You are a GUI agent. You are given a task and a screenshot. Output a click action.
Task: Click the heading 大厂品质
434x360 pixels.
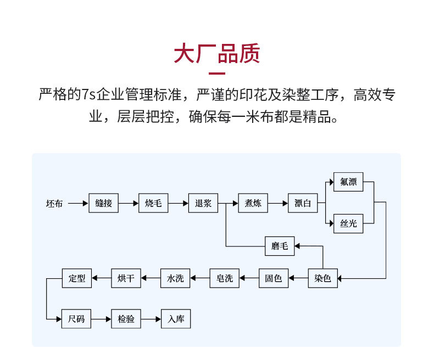tap(216, 54)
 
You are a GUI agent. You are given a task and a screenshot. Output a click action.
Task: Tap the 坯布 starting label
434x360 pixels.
tap(54, 204)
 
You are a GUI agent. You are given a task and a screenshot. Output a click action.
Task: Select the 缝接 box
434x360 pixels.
tap(103, 204)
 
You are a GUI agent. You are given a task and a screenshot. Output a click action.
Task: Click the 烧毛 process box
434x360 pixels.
tap(153, 204)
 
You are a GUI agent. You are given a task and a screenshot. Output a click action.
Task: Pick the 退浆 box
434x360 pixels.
tap(203, 204)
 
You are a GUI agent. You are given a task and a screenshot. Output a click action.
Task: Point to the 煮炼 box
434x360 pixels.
tap(253, 204)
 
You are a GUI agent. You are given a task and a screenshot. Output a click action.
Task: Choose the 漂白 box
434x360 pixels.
tap(303, 204)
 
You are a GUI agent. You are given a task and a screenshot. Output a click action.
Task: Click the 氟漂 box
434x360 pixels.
tap(348, 182)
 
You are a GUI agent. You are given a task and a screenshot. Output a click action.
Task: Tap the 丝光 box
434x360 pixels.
tap(348, 223)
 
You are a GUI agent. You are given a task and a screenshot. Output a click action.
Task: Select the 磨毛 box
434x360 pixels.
tap(280, 246)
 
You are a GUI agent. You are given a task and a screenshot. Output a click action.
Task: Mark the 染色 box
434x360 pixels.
tap(322, 278)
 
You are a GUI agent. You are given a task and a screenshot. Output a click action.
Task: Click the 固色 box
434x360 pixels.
tap(274, 278)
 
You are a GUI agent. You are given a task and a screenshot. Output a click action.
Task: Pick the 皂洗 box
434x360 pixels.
tap(225, 278)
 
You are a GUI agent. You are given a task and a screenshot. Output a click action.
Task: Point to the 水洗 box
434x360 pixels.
tap(175, 278)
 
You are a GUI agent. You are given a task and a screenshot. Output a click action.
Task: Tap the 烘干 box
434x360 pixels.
tap(126, 278)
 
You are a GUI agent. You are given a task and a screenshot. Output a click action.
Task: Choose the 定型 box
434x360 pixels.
tap(77, 278)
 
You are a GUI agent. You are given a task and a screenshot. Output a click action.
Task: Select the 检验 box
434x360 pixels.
tap(126, 319)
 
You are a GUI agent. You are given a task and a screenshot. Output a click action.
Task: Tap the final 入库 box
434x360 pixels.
tap(175, 319)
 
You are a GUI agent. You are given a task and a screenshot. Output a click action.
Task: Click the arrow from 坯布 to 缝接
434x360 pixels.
tap(77, 204)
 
